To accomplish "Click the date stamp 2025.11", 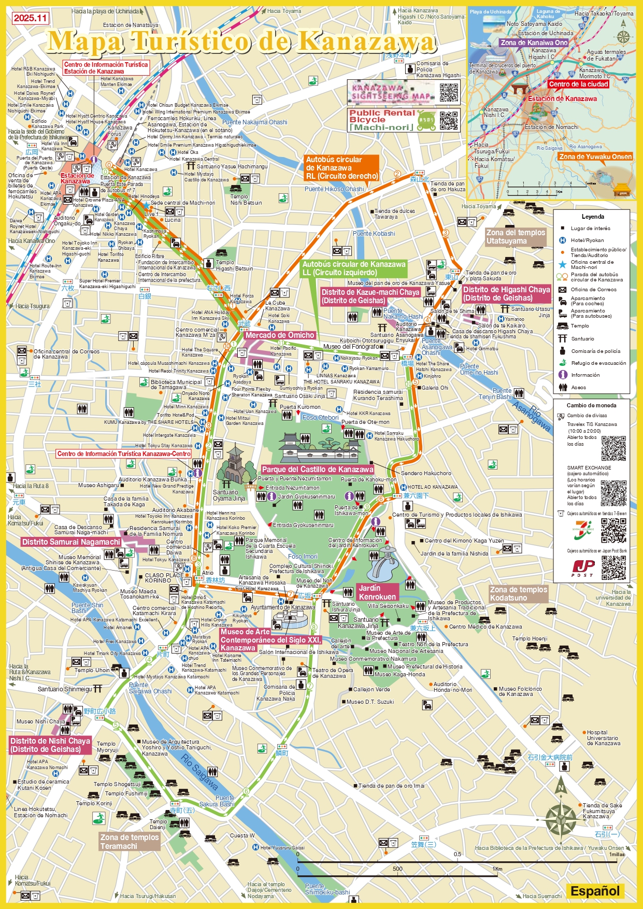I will (x=30, y=18).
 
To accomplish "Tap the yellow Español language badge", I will (x=595, y=891).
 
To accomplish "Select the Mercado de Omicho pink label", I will (x=280, y=335).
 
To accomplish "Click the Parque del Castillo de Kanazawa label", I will (x=317, y=470).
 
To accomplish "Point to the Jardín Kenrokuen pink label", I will (x=377, y=592).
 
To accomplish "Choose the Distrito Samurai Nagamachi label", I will (x=71, y=542).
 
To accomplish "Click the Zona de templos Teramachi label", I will (x=130, y=842).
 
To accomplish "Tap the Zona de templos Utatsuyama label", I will (x=516, y=237).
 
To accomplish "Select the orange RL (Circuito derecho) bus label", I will (x=341, y=168).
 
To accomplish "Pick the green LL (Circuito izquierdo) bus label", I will (x=354, y=268).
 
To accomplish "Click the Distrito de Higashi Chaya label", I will (x=506, y=294).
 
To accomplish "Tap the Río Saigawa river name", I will (x=199, y=772).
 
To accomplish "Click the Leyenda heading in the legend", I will (x=592, y=217).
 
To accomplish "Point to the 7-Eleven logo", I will (x=582, y=532).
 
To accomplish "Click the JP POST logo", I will (x=582, y=568).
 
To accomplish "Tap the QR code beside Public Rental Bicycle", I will (x=449, y=120).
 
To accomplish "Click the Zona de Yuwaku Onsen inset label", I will (x=595, y=157).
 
